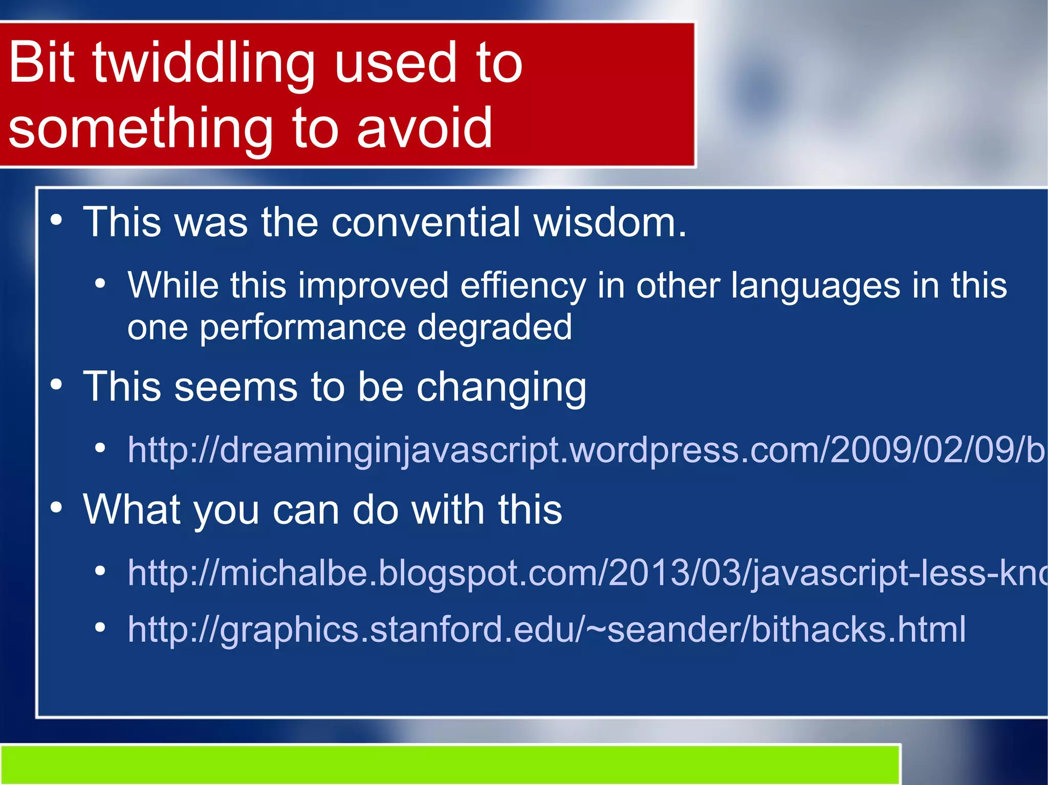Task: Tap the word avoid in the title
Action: click(424, 128)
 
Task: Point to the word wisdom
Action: click(609, 222)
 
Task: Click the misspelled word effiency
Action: click(523, 286)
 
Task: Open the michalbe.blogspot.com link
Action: click(583, 573)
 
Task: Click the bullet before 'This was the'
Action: click(56, 221)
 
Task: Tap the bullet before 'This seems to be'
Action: click(56, 385)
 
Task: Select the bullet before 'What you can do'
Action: click(56, 508)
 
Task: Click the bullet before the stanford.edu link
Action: click(100, 627)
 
